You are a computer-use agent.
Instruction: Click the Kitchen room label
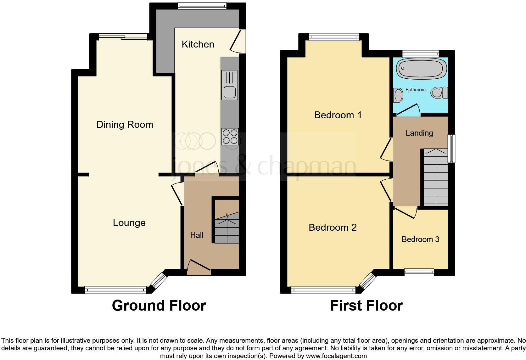(198, 44)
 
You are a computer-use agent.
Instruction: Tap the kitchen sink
(229, 85)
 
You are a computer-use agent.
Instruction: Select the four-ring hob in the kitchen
(230, 137)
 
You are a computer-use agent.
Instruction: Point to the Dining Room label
(125, 125)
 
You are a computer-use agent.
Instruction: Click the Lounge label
(129, 223)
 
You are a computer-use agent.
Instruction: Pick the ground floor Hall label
(197, 235)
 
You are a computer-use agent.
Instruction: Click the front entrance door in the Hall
(199, 265)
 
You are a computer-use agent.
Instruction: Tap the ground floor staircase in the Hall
(227, 228)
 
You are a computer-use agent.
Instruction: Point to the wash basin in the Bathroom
(398, 95)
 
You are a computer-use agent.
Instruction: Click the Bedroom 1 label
(338, 115)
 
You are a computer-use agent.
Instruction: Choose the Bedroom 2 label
(333, 228)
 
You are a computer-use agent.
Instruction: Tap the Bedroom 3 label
(420, 239)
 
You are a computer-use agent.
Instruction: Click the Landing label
(419, 133)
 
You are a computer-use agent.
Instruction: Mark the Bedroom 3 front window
(419, 272)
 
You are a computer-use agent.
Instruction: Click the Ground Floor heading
(159, 306)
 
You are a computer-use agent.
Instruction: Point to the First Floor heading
(366, 306)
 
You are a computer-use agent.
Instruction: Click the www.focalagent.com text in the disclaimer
(336, 356)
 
